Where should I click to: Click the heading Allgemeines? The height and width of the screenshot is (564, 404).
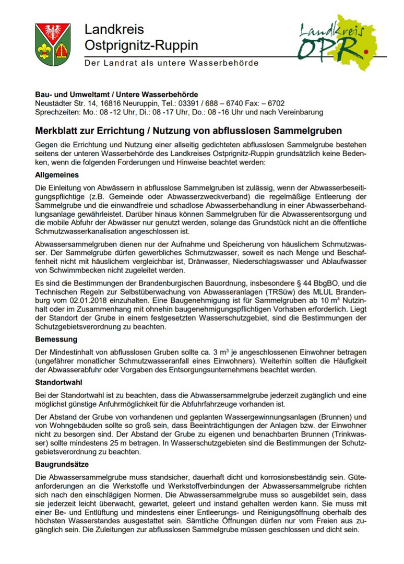[x=57, y=175]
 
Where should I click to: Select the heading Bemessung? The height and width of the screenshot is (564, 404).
[x=56, y=339]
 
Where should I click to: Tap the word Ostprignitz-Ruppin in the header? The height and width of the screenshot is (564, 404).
[x=141, y=45]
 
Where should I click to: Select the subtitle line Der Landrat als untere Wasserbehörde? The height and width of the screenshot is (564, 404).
[x=172, y=63]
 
